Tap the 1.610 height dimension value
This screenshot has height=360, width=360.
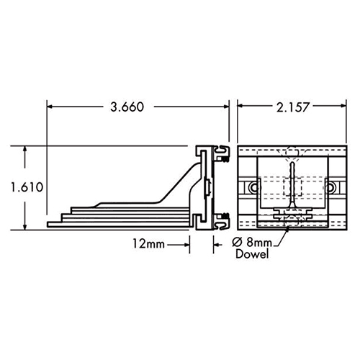pyautogui.click(x=27, y=187)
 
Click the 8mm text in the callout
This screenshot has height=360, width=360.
pyautogui.click(x=253, y=243)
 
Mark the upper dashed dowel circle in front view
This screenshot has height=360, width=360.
pyautogui.click(x=290, y=152)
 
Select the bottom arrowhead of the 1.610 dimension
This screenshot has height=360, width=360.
pyautogui.click(x=27, y=224)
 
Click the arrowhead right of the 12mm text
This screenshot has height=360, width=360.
pyautogui.click(x=189, y=244)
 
